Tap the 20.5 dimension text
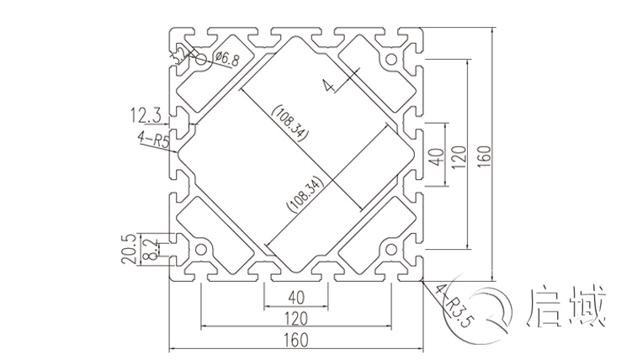point(129,249)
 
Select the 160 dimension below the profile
point(295,340)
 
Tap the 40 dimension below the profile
point(295,296)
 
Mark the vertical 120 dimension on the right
point(459,155)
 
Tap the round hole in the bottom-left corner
point(201,250)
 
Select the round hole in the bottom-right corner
point(391,250)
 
